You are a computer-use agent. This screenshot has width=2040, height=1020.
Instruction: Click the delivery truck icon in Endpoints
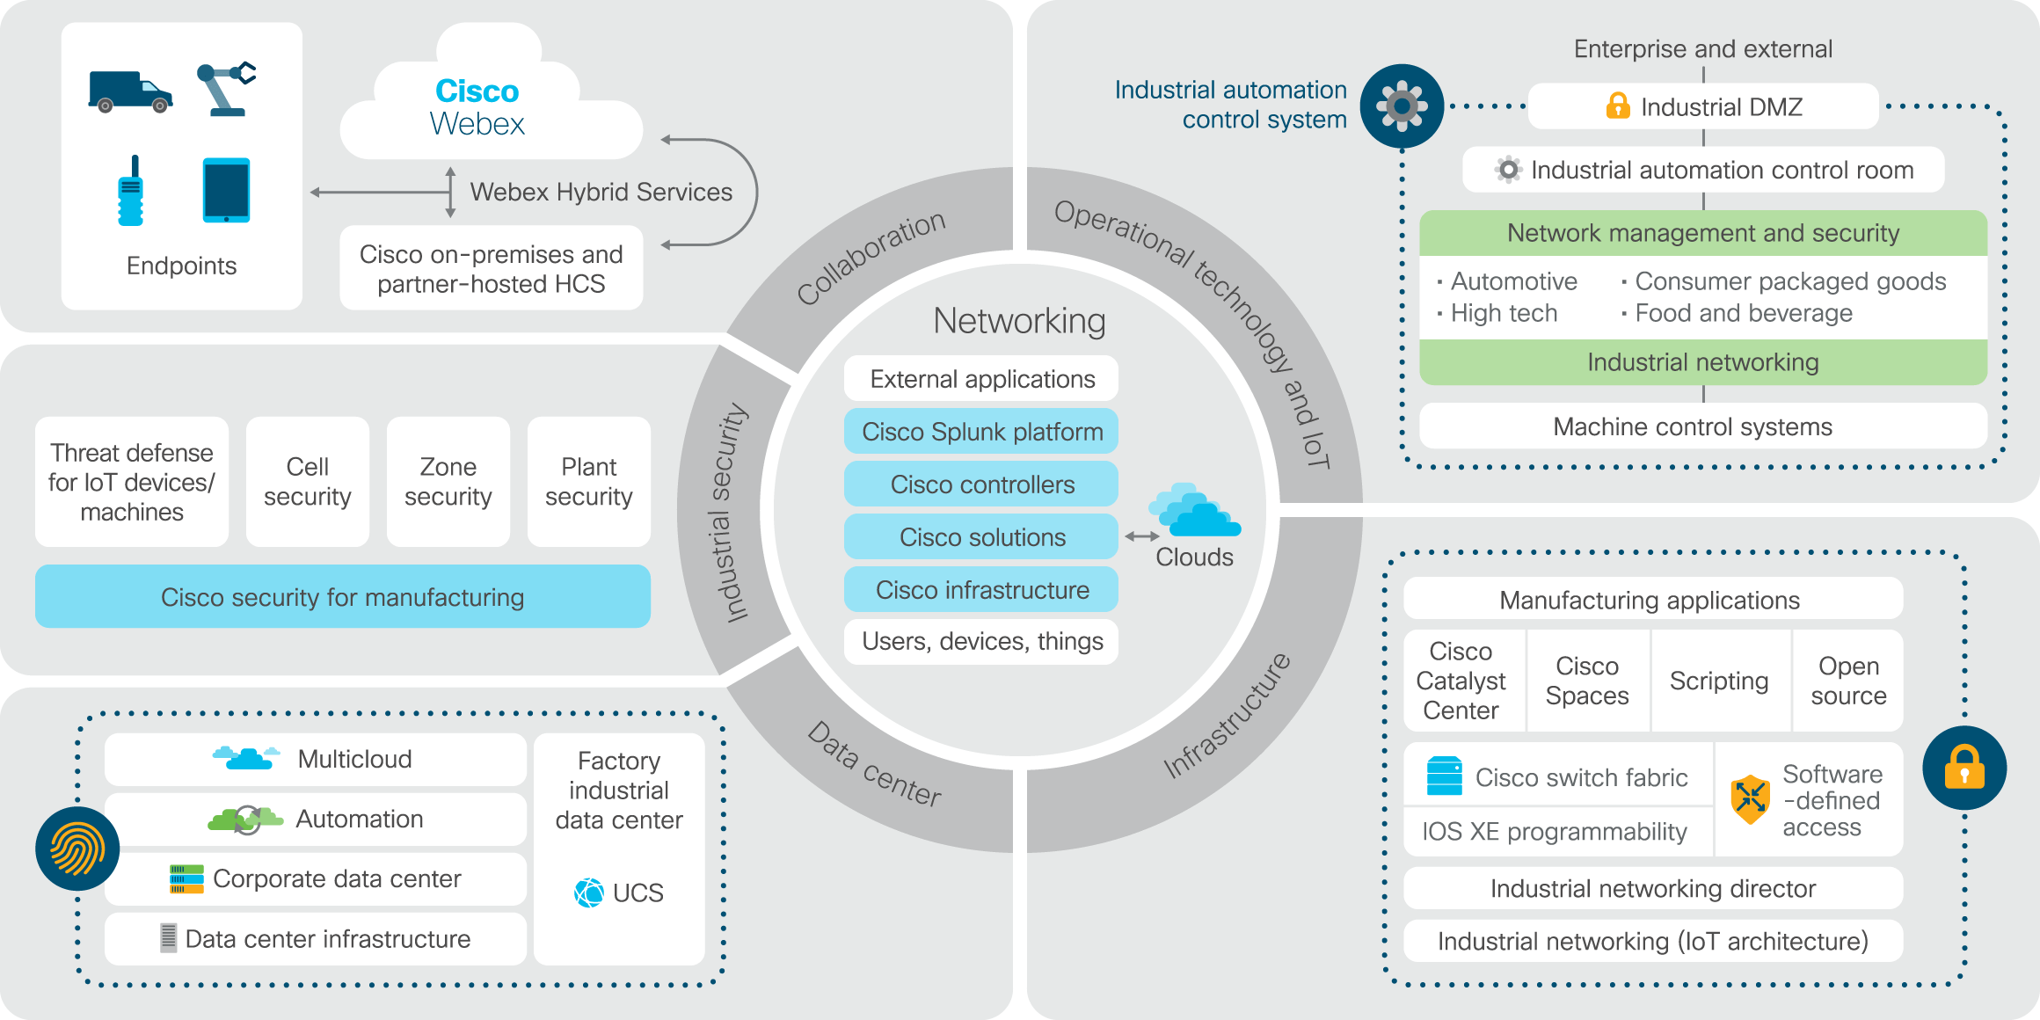pyautogui.click(x=130, y=91)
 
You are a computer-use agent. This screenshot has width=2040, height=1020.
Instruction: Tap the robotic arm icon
pyautogui.click(x=226, y=89)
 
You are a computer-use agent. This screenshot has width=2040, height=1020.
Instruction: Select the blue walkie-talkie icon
pyautogui.click(x=131, y=192)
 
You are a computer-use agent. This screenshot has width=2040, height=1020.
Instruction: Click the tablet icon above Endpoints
pyautogui.click(x=226, y=190)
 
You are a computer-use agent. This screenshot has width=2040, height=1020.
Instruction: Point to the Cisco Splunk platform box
pyautogui.click(x=981, y=432)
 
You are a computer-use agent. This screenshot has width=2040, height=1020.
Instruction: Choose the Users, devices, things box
pyautogui.click(x=981, y=642)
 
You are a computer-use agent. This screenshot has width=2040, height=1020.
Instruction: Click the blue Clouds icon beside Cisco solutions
pyautogui.click(x=1194, y=511)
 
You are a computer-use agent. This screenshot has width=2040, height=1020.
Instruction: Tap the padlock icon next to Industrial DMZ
pyautogui.click(x=1617, y=106)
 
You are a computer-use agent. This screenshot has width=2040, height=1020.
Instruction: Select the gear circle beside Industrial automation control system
pyautogui.click(x=1402, y=106)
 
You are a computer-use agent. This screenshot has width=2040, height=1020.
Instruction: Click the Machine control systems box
pyautogui.click(x=1702, y=426)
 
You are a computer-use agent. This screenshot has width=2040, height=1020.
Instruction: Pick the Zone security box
pyautogui.click(x=448, y=482)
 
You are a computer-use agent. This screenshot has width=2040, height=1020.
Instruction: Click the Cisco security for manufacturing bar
pyautogui.click(x=343, y=597)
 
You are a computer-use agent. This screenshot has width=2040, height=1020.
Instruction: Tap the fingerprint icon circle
pyautogui.click(x=77, y=849)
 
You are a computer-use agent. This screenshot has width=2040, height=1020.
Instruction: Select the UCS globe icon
pyautogui.click(x=589, y=892)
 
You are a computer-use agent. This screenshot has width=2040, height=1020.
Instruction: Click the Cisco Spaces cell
pyautogui.click(x=1587, y=681)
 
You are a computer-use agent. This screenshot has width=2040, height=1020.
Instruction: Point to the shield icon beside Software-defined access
pyautogui.click(x=1750, y=799)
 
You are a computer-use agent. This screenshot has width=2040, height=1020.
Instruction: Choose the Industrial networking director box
pyautogui.click(x=1653, y=889)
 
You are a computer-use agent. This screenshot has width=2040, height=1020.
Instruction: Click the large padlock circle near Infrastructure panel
pyautogui.click(x=1964, y=768)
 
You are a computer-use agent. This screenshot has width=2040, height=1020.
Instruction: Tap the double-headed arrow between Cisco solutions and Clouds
pyautogui.click(x=1141, y=536)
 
